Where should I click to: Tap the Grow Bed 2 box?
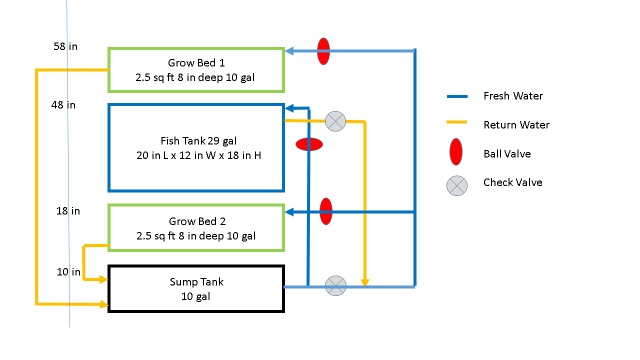click(x=195, y=228)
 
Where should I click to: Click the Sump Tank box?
click(x=195, y=289)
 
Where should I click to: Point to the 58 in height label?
click(x=66, y=47)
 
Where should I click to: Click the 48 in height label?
click(x=64, y=104)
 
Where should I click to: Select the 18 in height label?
click(x=68, y=211)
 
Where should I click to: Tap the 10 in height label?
click(x=68, y=272)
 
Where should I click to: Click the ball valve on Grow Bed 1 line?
click(x=323, y=51)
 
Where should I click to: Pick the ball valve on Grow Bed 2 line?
click(x=326, y=211)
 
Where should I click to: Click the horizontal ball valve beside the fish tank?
click(x=309, y=144)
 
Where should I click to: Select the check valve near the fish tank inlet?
click(x=337, y=121)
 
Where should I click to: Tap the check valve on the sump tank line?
click(x=337, y=286)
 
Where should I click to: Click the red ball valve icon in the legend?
click(x=456, y=153)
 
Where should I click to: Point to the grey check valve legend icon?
click(x=456, y=184)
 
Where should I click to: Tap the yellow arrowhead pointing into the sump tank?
click(x=103, y=303)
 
